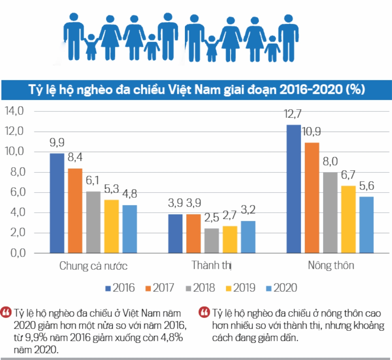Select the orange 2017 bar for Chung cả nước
click(75, 211)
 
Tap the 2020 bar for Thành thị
click(248, 237)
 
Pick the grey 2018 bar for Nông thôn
click(330, 212)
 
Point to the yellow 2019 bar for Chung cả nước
click(111, 226)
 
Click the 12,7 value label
click(292, 114)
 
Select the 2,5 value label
click(211, 218)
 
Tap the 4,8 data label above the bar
click(130, 194)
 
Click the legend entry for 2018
click(200, 288)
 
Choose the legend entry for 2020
click(282, 288)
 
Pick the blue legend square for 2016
click(108, 289)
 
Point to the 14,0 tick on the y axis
click(14, 111)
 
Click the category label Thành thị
click(211, 265)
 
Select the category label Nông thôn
click(331, 265)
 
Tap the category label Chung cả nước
click(93, 266)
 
